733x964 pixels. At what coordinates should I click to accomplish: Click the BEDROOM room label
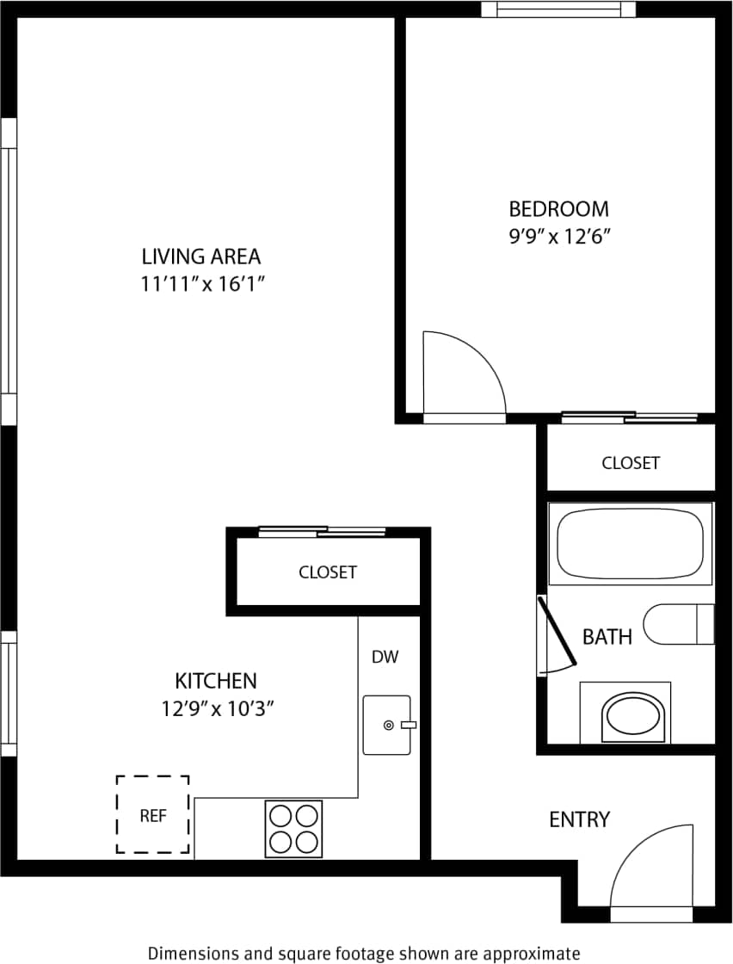pos(558,209)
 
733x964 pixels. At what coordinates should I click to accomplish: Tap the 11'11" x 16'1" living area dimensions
pos(200,284)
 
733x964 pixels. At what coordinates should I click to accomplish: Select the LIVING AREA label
pos(200,256)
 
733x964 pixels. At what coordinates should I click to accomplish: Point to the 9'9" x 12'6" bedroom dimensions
pos(558,237)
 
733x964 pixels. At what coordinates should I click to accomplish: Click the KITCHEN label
pos(216,681)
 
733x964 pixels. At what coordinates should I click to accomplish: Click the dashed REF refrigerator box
pos(153,814)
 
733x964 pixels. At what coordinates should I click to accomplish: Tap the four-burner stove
pos(293,828)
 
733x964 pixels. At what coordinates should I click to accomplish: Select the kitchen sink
pos(386,725)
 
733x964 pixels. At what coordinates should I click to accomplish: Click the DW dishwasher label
pos(385,658)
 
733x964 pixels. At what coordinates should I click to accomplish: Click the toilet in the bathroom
pos(680,624)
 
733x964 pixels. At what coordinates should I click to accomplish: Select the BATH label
pos(607,637)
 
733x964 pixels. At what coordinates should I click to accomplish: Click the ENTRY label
pos(579,819)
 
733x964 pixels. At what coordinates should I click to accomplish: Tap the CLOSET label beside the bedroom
pos(631,463)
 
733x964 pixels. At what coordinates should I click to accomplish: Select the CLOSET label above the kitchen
pos(327,572)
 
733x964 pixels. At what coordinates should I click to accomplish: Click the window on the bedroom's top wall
pos(557,9)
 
